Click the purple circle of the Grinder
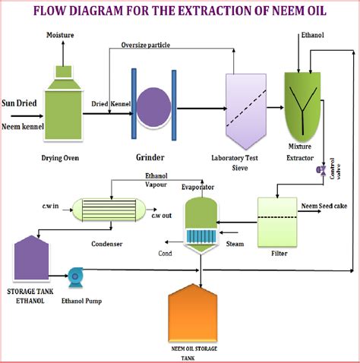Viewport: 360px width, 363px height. (x=154, y=108)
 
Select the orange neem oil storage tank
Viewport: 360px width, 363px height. (x=193, y=313)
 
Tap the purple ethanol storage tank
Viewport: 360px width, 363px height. (x=31, y=257)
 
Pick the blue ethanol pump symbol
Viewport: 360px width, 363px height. (x=75, y=277)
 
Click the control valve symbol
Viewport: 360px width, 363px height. (x=321, y=170)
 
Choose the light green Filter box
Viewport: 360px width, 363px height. (x=277, y=222)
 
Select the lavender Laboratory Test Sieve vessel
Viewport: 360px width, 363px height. (x=246, y=112)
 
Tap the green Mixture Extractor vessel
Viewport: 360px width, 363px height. (x=302, y=105)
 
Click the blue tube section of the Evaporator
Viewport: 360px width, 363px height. (x=201, y=235)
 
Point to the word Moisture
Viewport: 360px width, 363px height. (x=60, y=35)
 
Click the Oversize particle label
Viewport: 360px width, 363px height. (x=146, y=45)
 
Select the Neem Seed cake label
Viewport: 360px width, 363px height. (x=324, y=206)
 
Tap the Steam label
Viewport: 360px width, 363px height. (x=235, y=244)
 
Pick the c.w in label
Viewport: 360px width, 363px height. (x=50, y=206)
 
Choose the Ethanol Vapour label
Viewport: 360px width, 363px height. (x=156, y=180)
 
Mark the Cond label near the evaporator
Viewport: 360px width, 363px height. (x=165, y=254)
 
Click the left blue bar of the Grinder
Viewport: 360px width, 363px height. (x=134, y=103)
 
